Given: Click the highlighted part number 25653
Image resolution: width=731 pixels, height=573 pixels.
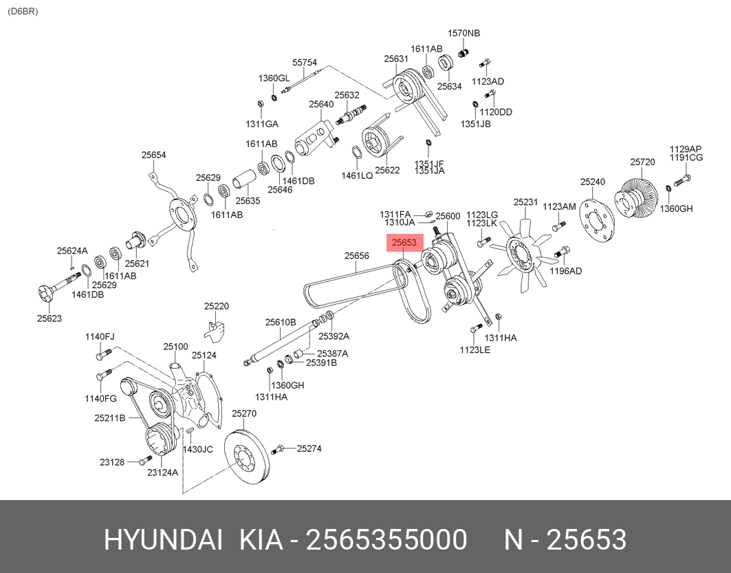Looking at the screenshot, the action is click(404, 243).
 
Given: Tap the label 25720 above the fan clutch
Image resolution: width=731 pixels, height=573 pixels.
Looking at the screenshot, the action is click(642, 162).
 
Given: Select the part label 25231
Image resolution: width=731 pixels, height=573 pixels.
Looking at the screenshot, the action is click(525, 202).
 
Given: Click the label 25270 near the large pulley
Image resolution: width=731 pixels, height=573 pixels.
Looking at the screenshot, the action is click(243, 413).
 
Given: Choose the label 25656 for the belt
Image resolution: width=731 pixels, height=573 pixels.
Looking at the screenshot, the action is click(357, 256).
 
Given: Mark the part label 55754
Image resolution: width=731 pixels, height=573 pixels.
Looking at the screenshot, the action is click(305, 62).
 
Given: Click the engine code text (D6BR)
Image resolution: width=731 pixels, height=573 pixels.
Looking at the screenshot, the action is click(23, 12).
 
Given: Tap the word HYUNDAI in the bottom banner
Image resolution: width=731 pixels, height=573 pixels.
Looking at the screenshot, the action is click(163, 541).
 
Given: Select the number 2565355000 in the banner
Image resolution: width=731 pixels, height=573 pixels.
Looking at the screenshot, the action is click(386, 541).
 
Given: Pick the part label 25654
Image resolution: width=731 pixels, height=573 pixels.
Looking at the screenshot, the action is click(154, 155).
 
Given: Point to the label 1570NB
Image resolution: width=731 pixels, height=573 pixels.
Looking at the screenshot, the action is click(464, 33).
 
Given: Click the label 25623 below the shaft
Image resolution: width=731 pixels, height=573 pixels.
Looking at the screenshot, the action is click(49, 318).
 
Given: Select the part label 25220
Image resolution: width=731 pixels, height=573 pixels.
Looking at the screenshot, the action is click(216, 306).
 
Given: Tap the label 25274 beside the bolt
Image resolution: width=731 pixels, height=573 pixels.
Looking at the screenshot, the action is click(309, 448).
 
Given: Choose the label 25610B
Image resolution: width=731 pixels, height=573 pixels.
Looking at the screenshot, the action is click(281, 322).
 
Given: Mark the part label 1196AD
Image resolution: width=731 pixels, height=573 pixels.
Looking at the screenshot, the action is click(565, 271).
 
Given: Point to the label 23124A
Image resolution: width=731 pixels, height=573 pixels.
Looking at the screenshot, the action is click(162, 473).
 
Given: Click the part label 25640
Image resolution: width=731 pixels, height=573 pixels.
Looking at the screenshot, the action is click(320, 105).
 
